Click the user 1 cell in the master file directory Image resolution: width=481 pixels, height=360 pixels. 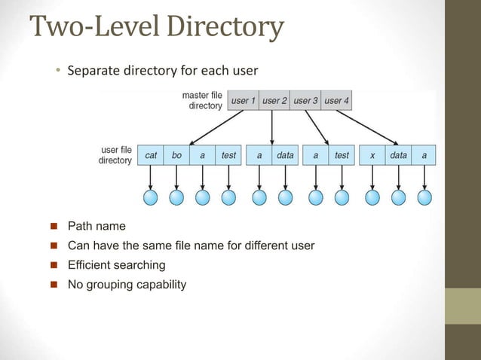(243, 100)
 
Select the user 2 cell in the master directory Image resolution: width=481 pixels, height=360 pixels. (274, 100)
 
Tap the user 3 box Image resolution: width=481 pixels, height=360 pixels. (305, 100)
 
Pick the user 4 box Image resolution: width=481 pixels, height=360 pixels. (336, 100)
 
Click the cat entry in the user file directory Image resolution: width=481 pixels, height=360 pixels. (151, 155)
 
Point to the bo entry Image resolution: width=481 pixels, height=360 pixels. (176, 155)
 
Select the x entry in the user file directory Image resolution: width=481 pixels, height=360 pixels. (372, 155)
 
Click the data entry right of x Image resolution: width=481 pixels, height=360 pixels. (398, 155)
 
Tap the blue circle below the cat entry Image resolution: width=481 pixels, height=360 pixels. (151, 197)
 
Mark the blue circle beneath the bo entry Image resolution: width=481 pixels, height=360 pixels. (176, 197)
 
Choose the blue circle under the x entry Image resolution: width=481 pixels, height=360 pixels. (372, 197)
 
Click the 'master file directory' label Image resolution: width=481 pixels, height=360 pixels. (202, 100)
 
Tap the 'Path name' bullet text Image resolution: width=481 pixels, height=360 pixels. (97, 226)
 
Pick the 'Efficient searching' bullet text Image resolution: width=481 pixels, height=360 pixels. (116, 265)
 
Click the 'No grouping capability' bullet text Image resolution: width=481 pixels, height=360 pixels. (126, 285)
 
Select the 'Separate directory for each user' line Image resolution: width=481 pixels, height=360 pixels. (162, 72)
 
